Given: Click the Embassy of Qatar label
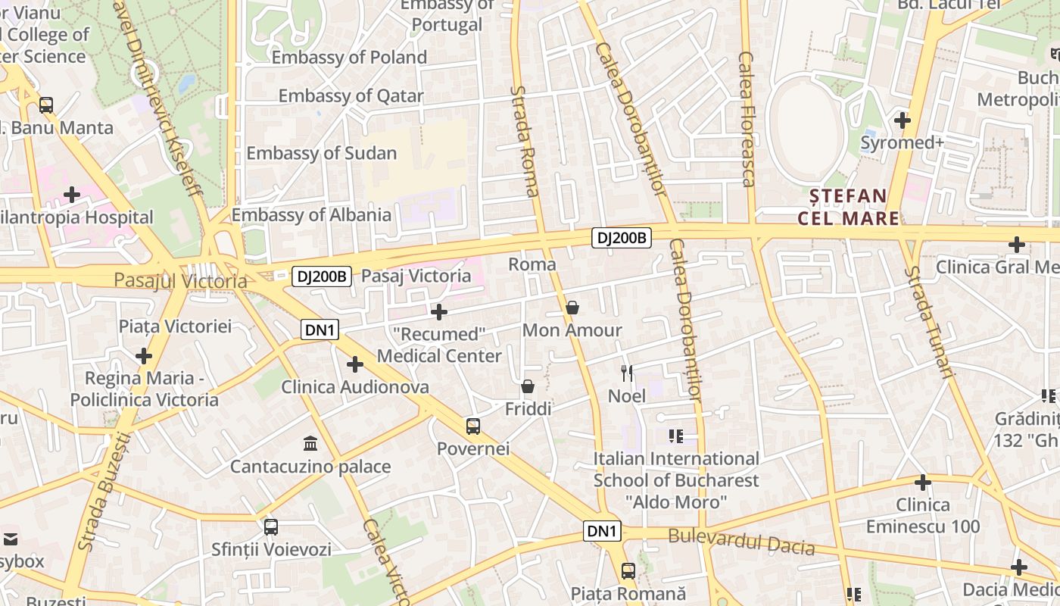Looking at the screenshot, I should coord(351,96).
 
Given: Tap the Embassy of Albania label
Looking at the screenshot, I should coord(311,215).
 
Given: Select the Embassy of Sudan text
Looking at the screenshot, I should coord(321,153).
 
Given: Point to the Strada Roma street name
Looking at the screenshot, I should coord(523,141).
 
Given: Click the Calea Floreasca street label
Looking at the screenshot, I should coord(747,119).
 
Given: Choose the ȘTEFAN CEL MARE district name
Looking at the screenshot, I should coord(848,208).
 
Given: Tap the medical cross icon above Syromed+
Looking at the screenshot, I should coord(902,120).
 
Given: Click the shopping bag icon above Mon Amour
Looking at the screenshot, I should coord(572,308).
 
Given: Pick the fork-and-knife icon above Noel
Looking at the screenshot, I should coord(627,373).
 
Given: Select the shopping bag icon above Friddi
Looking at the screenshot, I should coord(528,386).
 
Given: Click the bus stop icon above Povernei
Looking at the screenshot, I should coord(473,426).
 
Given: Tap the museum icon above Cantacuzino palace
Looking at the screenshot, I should coord(310,443).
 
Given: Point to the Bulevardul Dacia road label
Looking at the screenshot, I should coord(741,542).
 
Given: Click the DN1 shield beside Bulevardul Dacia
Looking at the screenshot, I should coord(602,532).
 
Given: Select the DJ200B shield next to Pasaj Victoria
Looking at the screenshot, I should coord(322,276).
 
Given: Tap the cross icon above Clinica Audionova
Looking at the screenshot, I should coord(355,364).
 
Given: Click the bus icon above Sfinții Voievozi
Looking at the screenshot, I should coord(271,526).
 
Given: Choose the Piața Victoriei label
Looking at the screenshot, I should coord(175,326).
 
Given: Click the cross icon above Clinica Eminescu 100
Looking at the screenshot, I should coord(922,482).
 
